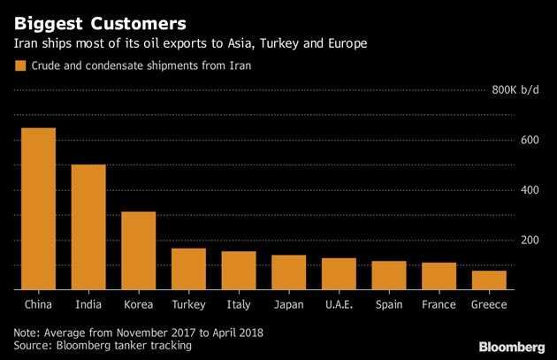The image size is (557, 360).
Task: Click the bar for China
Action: (x=38, y=209)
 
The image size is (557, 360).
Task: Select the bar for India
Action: (x=88, y=226)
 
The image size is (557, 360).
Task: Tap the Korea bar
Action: (x=138, y=250)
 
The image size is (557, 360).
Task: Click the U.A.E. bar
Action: (x=339, y=273)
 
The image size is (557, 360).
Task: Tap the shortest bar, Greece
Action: (x=489, y=280)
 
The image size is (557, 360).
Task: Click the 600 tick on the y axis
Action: (x=529, y=140)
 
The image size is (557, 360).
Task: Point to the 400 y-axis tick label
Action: (x=529, y=190)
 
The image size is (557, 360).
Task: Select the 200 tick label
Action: (x=529, y=240)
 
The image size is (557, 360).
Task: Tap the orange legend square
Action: (x=19, y=65)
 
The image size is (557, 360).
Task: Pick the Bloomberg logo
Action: (x=512, y=344)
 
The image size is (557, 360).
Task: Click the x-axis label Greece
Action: (x=489, y=304)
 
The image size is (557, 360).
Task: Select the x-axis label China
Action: (x=38, y=304)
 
